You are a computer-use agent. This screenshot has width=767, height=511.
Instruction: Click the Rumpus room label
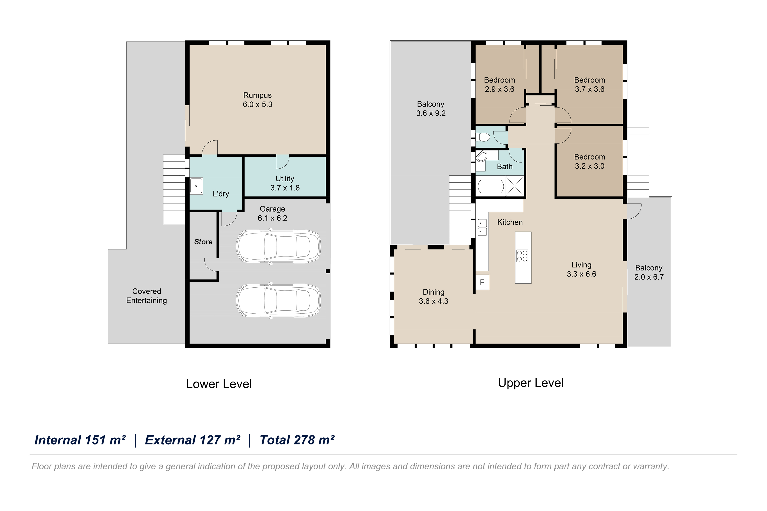pyautogui.click(x=257, y=100)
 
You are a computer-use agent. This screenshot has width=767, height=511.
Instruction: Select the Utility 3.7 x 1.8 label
pyautogui.click(x=285, y=183)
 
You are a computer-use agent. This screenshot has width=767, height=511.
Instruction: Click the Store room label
pyautogui.click(x=203, y=242)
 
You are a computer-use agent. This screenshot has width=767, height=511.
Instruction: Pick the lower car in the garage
pyautogui.click(x=278, y=301)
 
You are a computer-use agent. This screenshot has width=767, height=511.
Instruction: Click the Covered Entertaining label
pyautogui.click(x=146, y=296)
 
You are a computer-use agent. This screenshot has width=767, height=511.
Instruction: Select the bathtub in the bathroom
pyautogui.click(x=491, y=186)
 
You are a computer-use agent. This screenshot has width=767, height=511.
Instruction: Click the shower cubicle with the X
pyautogui.click(x=514, y=186)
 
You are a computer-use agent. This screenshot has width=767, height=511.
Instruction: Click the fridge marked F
pyautogui.click(x=482, y=283)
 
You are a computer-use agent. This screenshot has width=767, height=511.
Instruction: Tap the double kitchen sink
pyautogui.click(x=482, y=227)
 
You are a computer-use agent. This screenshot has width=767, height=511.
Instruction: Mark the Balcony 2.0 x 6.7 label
pyautogui.click(x=649, y=272)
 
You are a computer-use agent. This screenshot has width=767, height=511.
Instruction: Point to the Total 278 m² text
pyautogui.click(x=297, y=440)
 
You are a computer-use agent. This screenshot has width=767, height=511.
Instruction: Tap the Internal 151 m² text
pyautogui.click(x=80, y=440)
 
